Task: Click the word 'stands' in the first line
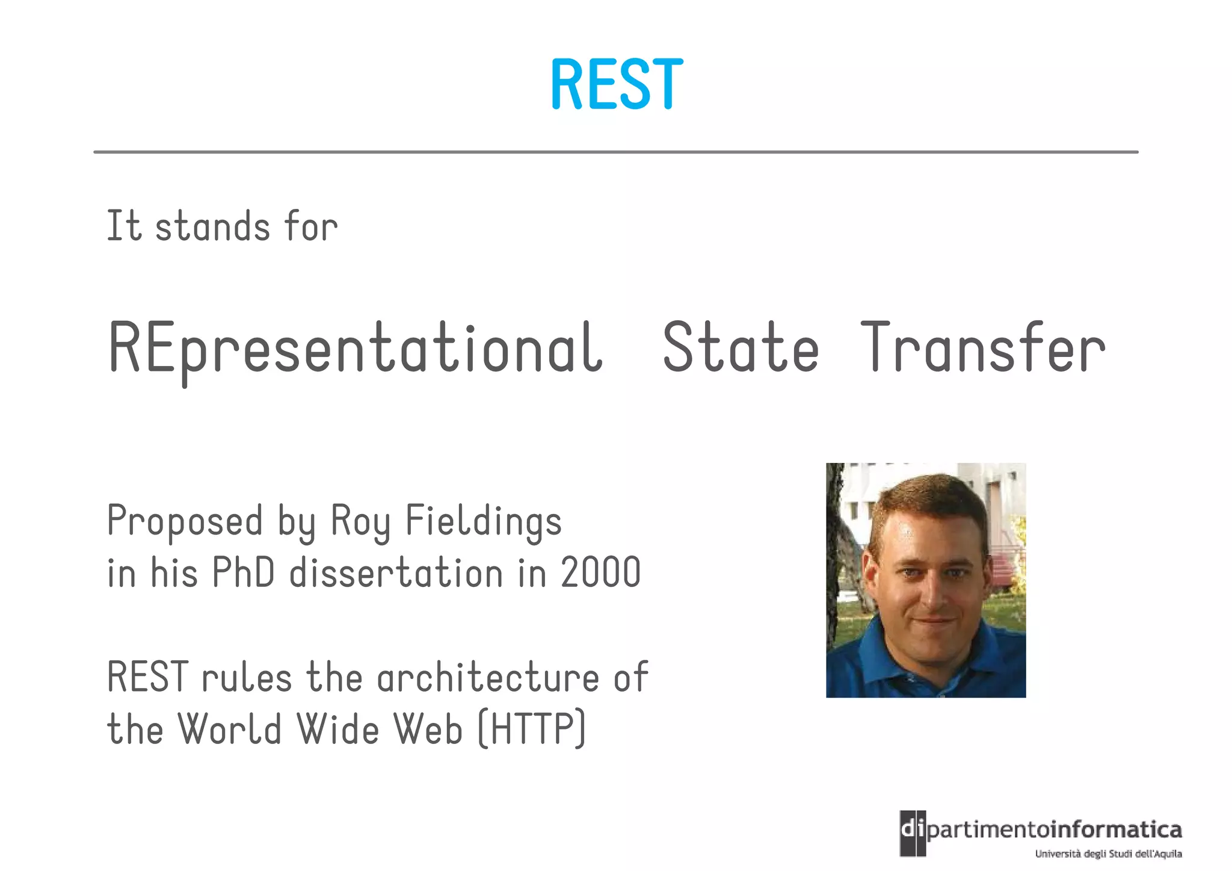click(212, 228)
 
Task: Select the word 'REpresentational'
click(355, 349)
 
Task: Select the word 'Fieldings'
click(484, 521)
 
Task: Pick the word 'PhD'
click(243, 573)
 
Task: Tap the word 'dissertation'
click(396, 573)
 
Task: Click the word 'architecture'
click(488, 678)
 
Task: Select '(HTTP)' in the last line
click(531, 730)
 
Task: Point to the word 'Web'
click(428, 730)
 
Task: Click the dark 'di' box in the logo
click(912, 832)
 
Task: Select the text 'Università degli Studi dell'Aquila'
click(1108, 854)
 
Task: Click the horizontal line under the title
click(616, 152)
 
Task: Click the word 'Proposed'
click(185, 521)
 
